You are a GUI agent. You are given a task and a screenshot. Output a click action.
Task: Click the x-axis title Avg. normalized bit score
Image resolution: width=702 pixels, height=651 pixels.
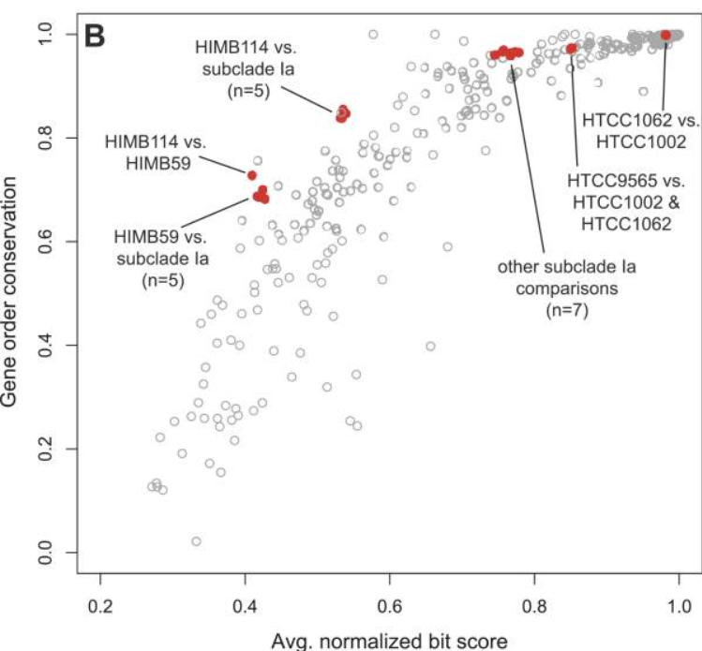[x=389, y=641]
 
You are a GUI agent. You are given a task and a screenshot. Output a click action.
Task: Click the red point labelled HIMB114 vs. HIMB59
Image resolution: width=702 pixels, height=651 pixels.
[x=251, y=175]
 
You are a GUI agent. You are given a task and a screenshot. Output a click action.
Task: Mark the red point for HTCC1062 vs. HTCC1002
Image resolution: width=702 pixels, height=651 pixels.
[x=665, y=35]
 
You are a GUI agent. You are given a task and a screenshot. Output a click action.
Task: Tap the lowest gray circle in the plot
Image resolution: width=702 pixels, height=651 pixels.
[x=196, y=541]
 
